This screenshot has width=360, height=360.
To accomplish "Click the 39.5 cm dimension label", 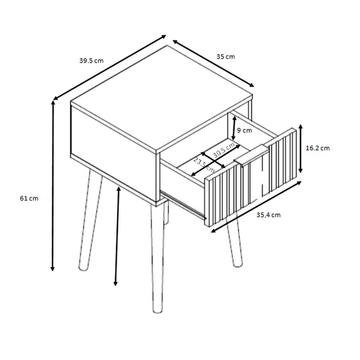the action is click(91, 61).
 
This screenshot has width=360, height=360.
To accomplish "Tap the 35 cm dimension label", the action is click(226, 57).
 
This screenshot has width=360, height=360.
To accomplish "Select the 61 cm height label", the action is click(29, 198).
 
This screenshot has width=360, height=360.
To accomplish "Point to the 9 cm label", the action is click(244, 130).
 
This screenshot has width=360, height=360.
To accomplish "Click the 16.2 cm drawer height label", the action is click(318, 148).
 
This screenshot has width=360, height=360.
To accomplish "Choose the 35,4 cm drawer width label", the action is click(269, 215).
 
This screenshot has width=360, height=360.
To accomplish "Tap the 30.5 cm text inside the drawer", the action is click(224, 150).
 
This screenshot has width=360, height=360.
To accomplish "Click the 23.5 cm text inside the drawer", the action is click(204, 165).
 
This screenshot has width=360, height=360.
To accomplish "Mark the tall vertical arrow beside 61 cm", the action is click(53, 186).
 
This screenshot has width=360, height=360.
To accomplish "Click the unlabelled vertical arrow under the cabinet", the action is click(117, 236).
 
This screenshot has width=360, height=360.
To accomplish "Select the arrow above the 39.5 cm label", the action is click(110, 68).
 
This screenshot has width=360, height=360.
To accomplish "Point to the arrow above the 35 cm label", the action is click(213, 64).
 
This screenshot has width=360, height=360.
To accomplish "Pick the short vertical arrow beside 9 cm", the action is click(234, 128).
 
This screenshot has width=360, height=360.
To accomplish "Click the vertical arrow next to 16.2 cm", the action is click(300, 149).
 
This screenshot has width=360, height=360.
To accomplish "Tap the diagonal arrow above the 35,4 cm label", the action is click(256, 207).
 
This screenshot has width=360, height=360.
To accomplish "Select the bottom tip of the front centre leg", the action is click(157, 312).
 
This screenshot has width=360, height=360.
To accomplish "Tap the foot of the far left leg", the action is click(83, 268).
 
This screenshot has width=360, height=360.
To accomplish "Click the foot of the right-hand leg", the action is click(238, 264).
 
